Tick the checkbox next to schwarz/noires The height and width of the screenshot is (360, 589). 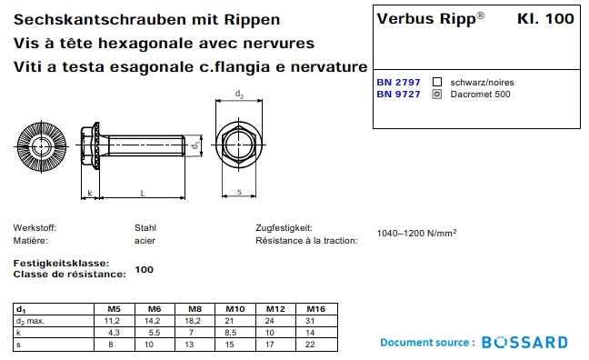coord(437,82)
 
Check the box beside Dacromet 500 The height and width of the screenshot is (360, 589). coord(437,94)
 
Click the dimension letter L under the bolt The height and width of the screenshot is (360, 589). coord(143,193)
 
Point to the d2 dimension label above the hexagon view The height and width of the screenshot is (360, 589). coord(239,95)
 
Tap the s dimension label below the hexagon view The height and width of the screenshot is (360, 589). coord(239,192)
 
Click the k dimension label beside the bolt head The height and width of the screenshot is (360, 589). coord(90,193)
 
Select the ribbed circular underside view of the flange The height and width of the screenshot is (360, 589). coord(42,146)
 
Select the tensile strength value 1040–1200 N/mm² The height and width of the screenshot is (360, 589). coord(416,234)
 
